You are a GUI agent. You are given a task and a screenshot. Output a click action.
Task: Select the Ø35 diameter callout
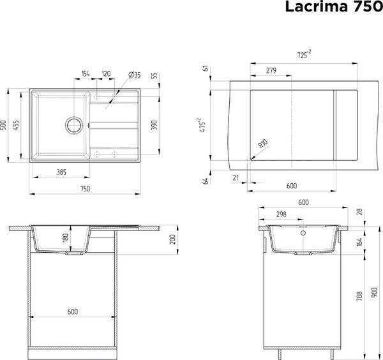tap(135, 75)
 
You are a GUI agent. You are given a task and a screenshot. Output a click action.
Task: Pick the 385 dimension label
tap(62, 172)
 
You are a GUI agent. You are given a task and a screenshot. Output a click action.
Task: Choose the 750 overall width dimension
tap(84, 188)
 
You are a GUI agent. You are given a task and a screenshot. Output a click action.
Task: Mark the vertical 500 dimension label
tap(4, 124)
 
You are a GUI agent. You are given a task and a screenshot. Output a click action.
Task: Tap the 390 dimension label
tap(153, 124)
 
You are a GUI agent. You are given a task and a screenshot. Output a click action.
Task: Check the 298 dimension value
tap(281, 214)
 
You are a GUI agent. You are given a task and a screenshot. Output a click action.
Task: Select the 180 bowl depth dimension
tap(65, 240)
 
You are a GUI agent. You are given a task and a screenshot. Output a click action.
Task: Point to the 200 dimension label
tap(173, 240)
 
